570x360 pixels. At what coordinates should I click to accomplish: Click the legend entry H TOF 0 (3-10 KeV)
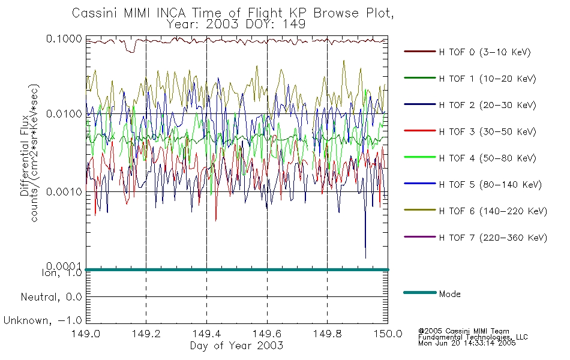[485, 52]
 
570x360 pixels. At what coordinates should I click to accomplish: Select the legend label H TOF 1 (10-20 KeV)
[487, 79]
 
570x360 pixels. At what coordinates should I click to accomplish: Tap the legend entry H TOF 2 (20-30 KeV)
[487, 105]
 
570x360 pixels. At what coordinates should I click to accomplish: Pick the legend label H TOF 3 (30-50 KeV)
[487, 131]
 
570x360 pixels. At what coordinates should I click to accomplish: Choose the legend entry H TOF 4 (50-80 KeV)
[487, 158]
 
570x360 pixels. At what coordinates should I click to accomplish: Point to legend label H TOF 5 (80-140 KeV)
[490, 185]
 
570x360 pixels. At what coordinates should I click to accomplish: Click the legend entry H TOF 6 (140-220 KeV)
[493, 211]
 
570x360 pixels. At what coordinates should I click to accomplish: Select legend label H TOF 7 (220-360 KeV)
[493, 238]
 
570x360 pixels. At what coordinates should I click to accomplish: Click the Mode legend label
[449, 294]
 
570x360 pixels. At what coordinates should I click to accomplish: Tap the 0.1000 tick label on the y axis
[64, 39]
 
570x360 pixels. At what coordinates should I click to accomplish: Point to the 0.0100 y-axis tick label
[64, 114]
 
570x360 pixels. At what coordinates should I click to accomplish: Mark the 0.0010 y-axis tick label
[64, 191]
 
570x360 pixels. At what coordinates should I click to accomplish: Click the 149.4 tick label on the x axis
[206, 334]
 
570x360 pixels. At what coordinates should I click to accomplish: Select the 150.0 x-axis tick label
[388, 334]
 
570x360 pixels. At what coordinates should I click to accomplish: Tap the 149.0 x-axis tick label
[86, 334]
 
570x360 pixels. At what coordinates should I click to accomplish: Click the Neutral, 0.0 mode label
[51, 297]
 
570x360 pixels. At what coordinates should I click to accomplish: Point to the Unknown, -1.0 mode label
[43, 320]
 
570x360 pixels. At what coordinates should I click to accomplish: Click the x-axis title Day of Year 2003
[236, 346]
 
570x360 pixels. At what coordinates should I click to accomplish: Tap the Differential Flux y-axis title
[25, 155]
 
